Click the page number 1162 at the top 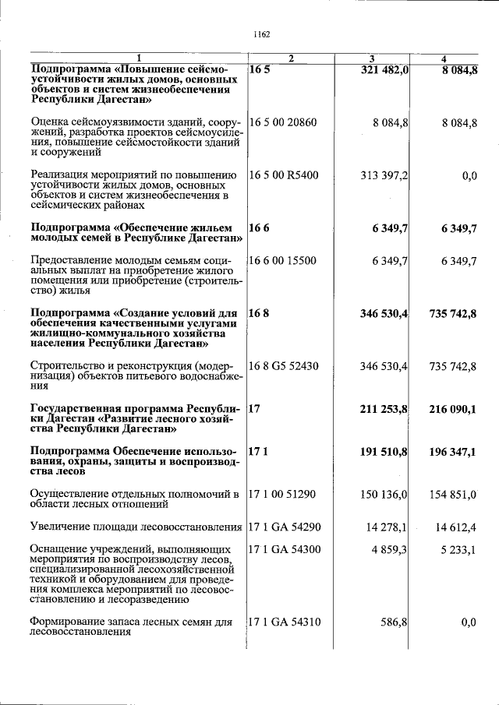261,34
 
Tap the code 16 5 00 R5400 284,175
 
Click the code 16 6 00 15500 283,260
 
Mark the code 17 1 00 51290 283,495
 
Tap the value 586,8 394,622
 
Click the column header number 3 372,59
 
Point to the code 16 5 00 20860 283,122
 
